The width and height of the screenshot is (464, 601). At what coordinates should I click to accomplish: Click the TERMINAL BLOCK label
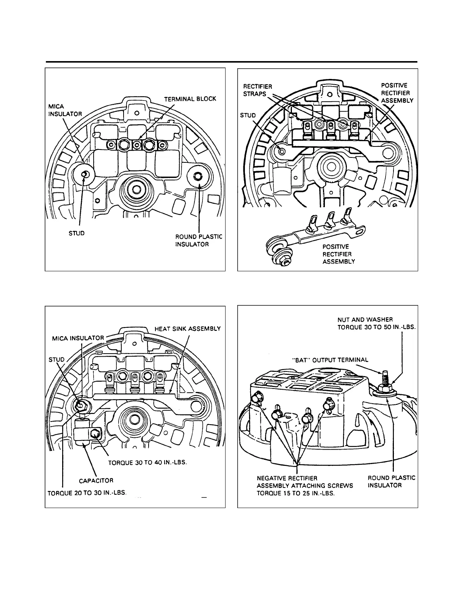[x=190, y=99]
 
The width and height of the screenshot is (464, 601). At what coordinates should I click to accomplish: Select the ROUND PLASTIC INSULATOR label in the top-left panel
[x=198, y=241]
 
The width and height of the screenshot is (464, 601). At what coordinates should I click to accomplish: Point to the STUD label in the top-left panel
[x=77, y=233]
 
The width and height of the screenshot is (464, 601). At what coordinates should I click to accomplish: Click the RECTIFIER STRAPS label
[x=257, y=90]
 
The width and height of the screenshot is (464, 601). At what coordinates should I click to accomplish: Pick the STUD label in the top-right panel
[x=248, y=115]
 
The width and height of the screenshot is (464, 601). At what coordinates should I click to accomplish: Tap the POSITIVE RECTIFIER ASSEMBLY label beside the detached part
[x=339, y=254]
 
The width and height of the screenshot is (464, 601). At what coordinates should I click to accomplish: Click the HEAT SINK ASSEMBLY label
[x=187, y=329]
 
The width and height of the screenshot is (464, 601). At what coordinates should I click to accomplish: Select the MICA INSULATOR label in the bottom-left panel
[x=78, y=338]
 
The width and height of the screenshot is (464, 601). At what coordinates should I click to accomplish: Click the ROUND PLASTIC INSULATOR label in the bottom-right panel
[x=392, y=481]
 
